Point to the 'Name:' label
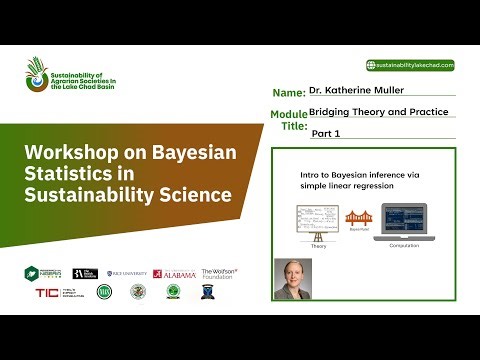click(287, 92)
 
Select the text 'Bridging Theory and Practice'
click(378, 111)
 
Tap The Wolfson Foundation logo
click(219, 273)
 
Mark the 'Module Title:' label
click(289, 120)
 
